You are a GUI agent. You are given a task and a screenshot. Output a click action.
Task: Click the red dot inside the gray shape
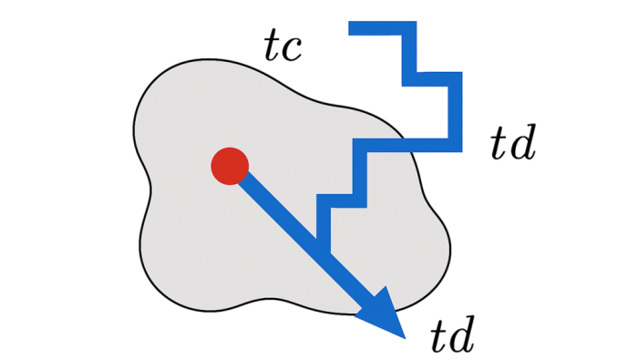tap(229, 166)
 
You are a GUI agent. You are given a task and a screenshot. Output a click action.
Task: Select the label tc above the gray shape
tap(284, 46)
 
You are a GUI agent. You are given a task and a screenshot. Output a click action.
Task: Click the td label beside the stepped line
tap(511, 143)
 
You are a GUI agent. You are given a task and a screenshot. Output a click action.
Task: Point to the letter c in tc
tap(295, 49)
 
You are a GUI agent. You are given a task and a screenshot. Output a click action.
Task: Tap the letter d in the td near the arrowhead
tap(462, 335)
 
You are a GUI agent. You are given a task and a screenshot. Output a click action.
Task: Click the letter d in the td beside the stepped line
tap(522, 143)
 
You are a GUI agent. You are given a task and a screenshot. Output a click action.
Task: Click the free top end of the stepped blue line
tap(351, 29)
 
